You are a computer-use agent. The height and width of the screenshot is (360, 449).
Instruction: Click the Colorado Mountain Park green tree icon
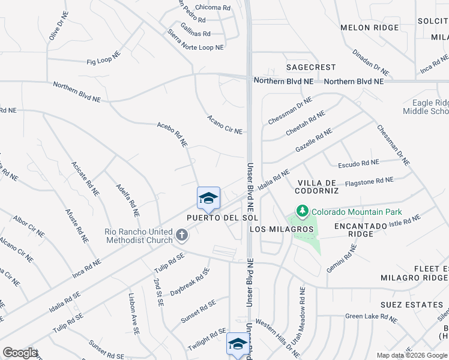303,212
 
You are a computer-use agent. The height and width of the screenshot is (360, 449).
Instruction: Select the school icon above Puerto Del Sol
208,198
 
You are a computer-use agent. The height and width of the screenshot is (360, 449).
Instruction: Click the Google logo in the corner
20,353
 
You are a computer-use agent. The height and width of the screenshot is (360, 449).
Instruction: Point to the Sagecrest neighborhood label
310,67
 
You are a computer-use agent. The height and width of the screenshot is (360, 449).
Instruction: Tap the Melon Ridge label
369,28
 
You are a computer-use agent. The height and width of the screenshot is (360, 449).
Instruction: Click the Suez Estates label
411,305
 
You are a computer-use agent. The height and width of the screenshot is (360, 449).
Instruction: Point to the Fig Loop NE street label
104,61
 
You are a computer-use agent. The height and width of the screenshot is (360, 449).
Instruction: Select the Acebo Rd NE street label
172,134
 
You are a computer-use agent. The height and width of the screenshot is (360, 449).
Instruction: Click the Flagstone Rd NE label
369,181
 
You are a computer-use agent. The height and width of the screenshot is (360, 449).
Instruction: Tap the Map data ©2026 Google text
411,355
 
